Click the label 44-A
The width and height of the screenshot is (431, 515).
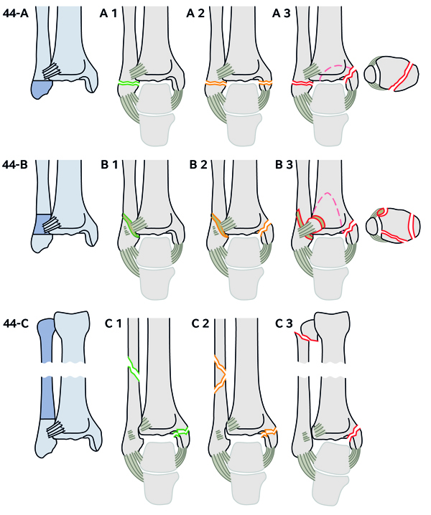coord(17,12)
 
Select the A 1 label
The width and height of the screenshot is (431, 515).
coord(110,12)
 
